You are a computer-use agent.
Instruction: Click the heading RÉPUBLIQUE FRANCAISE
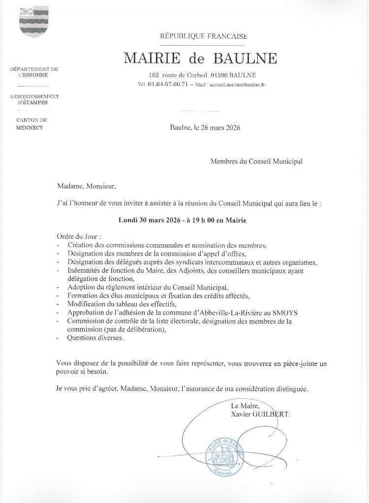point(203,36)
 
